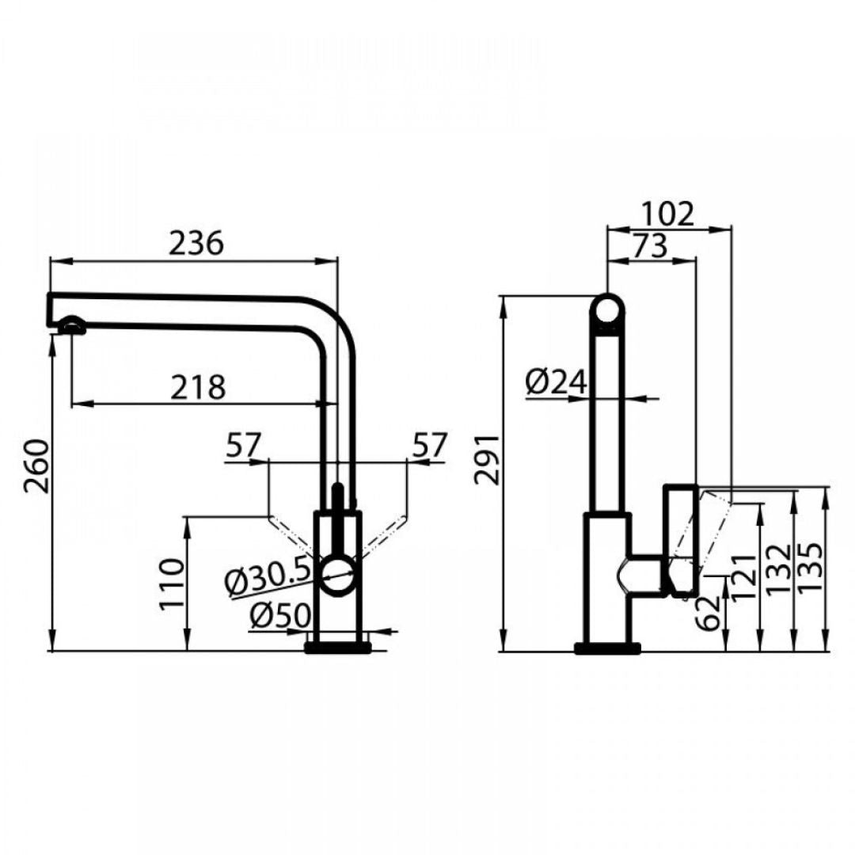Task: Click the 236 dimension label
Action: (196, 243)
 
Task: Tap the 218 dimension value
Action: (198, 387)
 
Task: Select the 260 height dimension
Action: (36, 465)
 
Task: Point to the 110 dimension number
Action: (173, 584)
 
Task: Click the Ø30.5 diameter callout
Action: (268, 574)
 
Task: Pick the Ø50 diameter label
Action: (280, 616)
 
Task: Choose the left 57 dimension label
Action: (244, 445)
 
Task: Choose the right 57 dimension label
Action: (430, 445)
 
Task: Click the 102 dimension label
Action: (667, 214)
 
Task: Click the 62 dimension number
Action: (709, 614)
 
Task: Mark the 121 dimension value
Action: (743, 577)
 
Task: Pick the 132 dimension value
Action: (778, 568)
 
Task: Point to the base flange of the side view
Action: (607, 648)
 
